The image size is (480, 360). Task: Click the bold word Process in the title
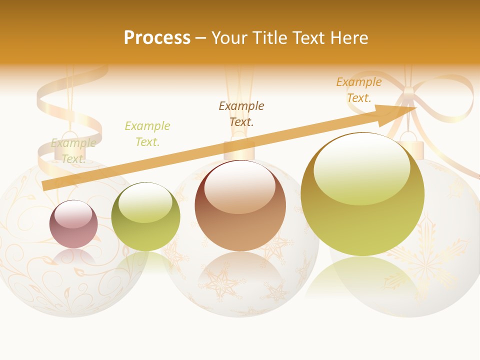coord(157,38)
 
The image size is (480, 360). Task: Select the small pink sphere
coord(73,224)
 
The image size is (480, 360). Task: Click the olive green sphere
coord(145,217)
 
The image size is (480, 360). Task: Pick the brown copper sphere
coord(240,205)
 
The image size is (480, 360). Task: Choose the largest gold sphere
coord(362,194)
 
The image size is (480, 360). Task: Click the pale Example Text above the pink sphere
coord(73,151)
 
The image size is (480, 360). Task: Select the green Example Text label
coord(147,134)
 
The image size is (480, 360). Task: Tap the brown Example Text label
coord(241,113)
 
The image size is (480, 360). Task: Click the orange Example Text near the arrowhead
coord(359,90)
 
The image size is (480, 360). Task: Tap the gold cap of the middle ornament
coord(239,150)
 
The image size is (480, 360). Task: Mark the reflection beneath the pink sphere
coord(73,257)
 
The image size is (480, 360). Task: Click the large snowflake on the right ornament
coord(425,255)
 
